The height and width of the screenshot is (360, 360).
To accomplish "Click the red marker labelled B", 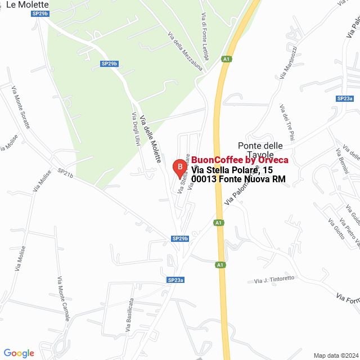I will [179, 166].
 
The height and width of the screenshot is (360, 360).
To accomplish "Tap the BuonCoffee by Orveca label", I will [240, 160].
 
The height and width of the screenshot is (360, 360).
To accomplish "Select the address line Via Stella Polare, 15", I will [232, 170].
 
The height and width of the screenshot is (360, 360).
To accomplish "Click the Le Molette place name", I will [27, 4].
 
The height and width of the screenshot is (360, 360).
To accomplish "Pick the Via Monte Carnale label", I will [64, 298].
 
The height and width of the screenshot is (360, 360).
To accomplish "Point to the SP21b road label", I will [65, 174].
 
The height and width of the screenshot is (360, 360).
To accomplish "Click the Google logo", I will [19, 353].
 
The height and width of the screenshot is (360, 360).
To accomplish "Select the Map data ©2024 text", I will [334, 355].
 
